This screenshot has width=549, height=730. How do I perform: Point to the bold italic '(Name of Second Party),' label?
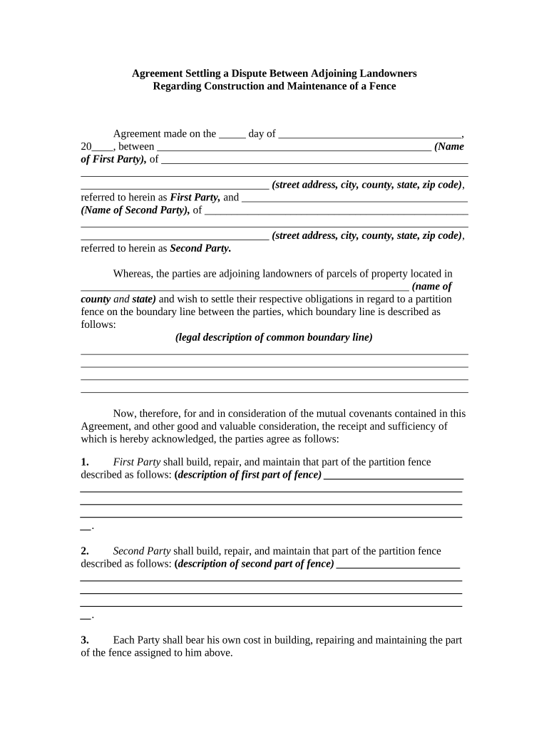pyautogui.click(x=135, y=210)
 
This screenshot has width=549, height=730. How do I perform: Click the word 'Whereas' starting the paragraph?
pyautogui.click(x=132, y=274)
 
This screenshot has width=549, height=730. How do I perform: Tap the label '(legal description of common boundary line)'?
pyautogui.click(x=274, y=337)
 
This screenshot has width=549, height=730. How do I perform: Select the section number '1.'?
pyautogui.click(x=85, y=462)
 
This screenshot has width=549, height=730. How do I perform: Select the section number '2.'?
pyautogui.click(x=85, y=551)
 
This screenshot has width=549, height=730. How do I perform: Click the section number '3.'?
pyautogui.click(x=85, y=640)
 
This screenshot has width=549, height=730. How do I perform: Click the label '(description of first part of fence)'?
pyautogui.click(x=247, y=475)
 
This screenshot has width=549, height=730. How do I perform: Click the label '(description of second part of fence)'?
pyautogui.click(x=254, y=564)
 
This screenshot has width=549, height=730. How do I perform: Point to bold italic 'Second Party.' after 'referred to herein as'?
pyautogui.click(x=200, y=249)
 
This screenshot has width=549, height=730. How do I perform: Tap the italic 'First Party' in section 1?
pyautogui.click(x=137, y=462)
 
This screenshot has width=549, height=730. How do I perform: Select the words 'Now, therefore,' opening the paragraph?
pyautogui.click(x=146, y=413)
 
